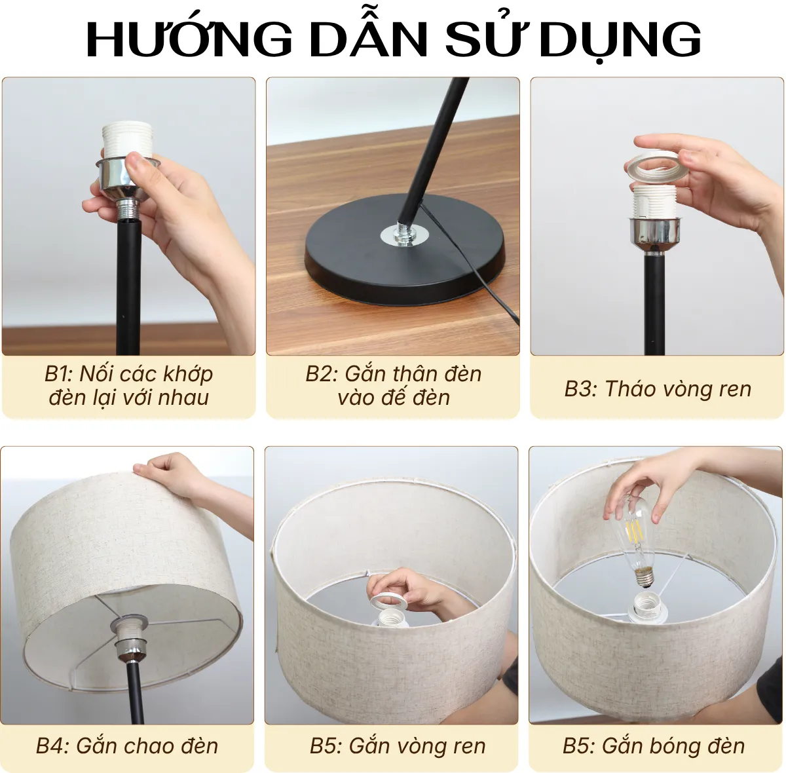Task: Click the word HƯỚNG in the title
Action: [x=189, y=39]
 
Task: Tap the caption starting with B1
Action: [x=129, y=385]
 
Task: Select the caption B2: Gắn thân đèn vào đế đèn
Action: [x=393, y=385]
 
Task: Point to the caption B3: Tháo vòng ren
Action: [x=658, y=388]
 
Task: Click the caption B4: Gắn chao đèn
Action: [x=127, y=745]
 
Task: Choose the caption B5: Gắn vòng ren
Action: [x=398, y=745]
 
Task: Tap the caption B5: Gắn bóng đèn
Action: [x=654, y=745]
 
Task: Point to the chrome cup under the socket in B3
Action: [x=654, y=231]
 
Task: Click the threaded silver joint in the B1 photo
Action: [x=128, y=211]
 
